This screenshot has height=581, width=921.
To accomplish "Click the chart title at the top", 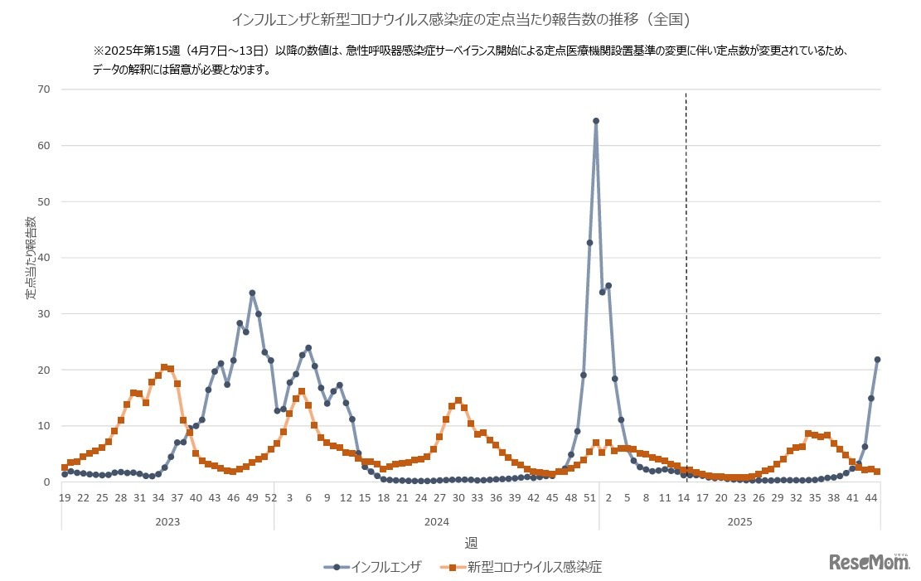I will (460, 18).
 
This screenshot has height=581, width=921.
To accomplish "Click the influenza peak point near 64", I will (595, 121).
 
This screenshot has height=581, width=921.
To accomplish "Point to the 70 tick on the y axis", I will (44, 90).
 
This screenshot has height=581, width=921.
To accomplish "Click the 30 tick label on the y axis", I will (44, 313).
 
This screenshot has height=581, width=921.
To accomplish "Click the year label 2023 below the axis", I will (167, 522).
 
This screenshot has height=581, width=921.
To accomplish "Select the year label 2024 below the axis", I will (436, 522).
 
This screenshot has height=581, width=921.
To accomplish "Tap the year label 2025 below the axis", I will (739, 522).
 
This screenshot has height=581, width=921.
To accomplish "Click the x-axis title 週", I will (470, 544).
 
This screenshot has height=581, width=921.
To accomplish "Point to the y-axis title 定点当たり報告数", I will (31, 259).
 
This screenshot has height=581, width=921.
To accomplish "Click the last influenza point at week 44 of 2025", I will (877, 360).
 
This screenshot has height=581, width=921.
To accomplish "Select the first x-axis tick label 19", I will (65, 497).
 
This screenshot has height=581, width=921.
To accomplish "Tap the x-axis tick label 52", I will (270, 497).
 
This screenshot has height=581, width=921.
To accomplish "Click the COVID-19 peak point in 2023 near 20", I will (164, 367).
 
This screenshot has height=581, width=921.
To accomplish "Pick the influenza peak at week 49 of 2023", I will (252, 293).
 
